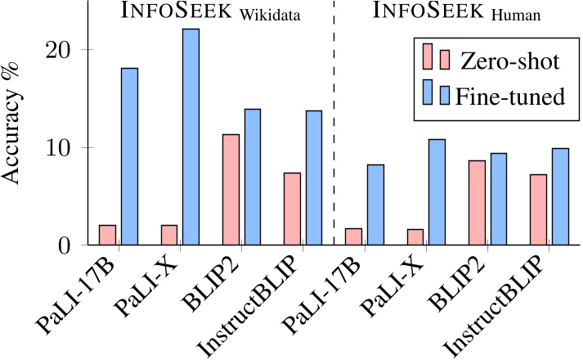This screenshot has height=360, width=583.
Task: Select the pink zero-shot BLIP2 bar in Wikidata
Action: [x=231, y=190]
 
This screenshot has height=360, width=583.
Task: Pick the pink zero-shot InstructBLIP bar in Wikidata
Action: [x=292, y=209]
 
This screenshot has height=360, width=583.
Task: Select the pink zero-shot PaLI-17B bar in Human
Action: [x=353, y=236]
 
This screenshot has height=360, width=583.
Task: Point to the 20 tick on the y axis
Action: [x=65, y=50]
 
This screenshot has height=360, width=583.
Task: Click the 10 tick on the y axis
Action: [x=65, y=148]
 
